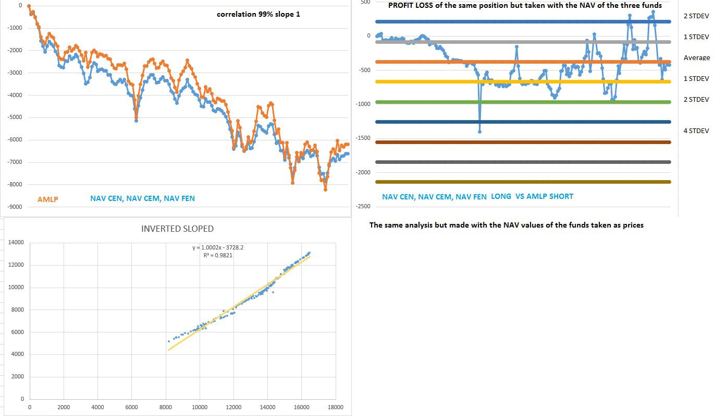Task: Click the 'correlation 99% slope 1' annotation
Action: click(258, 14)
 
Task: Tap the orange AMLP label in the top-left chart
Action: click(47, 199)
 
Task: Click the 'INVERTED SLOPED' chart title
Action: click(177, 229)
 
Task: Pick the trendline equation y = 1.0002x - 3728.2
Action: click(218, 247)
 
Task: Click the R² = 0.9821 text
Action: click(218, 255)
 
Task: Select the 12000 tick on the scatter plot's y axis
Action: click(16, 265)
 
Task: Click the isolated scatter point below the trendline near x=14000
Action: click(273, 292)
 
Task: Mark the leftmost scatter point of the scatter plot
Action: click(169, 341)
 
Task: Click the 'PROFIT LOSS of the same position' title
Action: click(525, 5)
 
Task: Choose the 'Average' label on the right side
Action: click(697, 58)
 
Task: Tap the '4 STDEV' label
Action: click(696, 131)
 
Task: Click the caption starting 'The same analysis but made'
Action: click(506, 225)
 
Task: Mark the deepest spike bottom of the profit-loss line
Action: click(479, 132)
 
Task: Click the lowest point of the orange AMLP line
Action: click(325, 189)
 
